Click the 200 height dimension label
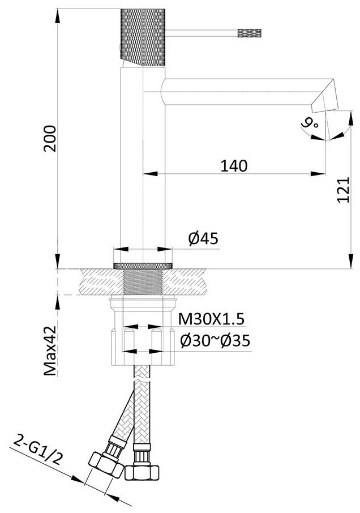click(x=50, y=138)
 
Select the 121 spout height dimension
click(x=344, y=190)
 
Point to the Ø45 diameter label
click(x=203, y=238)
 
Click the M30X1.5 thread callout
click(x=211, y=319)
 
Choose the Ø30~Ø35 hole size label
click(x=215, y=341)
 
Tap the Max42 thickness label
click(x=51, y=350)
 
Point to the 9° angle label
click(x=310, y=123)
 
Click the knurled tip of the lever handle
click(x=250, y=33)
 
